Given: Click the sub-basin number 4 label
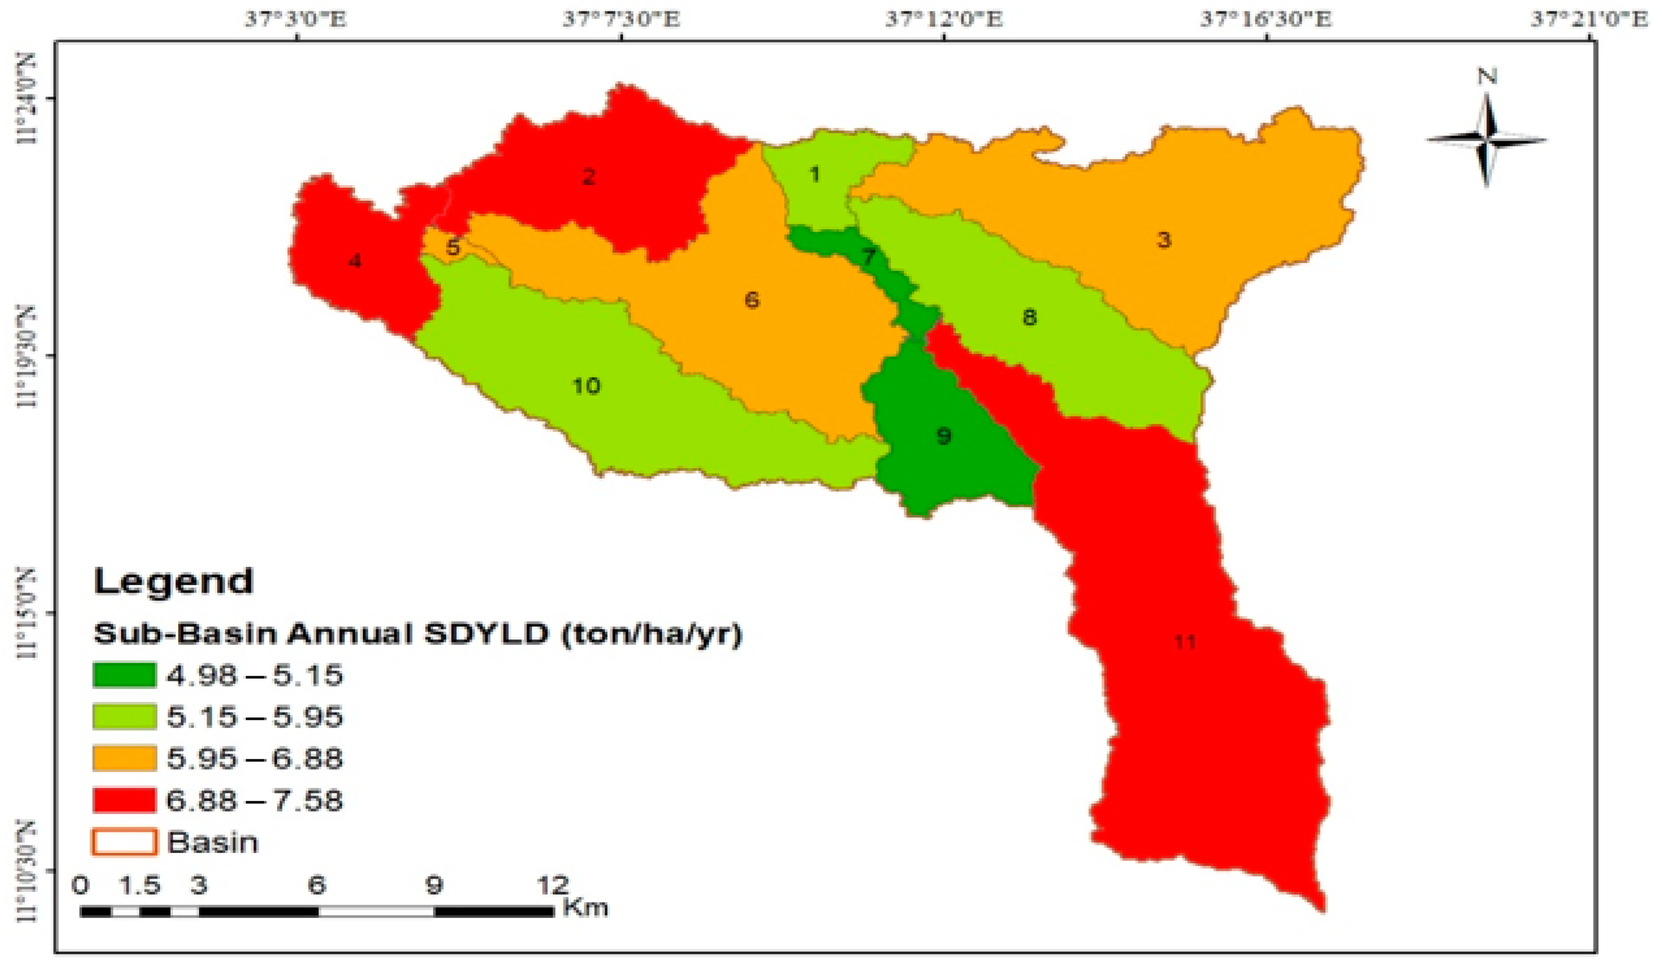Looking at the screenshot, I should point(355,262).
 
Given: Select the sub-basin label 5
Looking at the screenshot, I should point(452,248).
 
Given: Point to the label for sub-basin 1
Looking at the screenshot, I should point(815,175).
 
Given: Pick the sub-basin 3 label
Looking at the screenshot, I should point(1164,240).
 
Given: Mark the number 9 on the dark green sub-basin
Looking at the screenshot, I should point(944,436).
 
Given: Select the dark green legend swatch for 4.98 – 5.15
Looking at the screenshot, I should point(125,675).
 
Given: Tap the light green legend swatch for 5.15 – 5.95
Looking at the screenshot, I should point(125,717).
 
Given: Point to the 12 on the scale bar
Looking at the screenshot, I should point(553,885).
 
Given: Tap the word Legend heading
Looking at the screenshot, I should point(174,581).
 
